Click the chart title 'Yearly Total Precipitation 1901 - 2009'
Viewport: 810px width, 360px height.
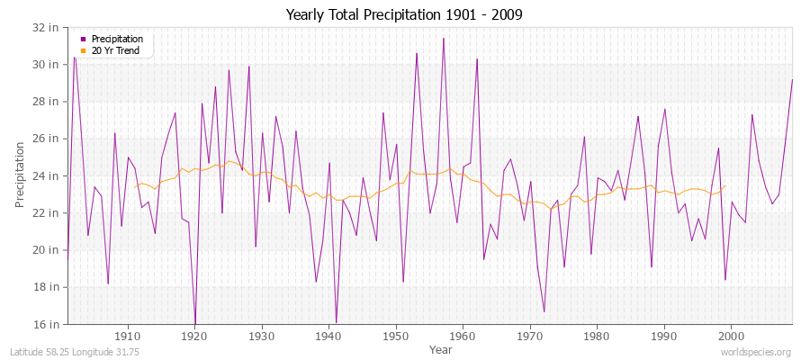[404, 15]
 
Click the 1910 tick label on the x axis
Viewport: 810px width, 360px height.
[128, 336]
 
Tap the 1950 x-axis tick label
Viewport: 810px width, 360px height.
[396, 336]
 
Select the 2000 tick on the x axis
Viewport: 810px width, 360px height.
[731, 336]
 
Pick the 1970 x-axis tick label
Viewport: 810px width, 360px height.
[530, 336]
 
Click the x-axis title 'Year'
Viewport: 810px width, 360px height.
[441, 349]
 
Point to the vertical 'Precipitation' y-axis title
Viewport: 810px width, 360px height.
[21, 175]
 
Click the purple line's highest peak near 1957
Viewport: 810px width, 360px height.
[443, 38]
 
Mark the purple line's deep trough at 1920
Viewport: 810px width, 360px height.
[194, 322]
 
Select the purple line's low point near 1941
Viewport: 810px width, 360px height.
[336, 322]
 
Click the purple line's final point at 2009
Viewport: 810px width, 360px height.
[792, 79]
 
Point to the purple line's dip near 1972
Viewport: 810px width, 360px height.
[544, 311]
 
